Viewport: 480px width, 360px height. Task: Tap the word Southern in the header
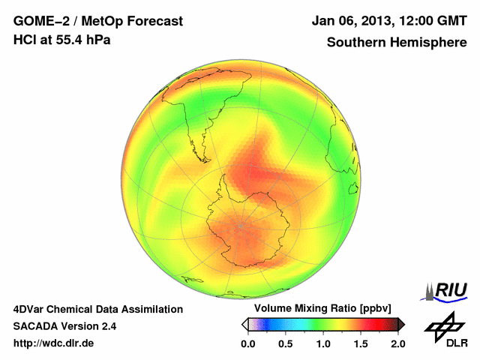[x=353, y=43]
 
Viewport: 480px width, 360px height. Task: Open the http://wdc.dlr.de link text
[x=54, y=343]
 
